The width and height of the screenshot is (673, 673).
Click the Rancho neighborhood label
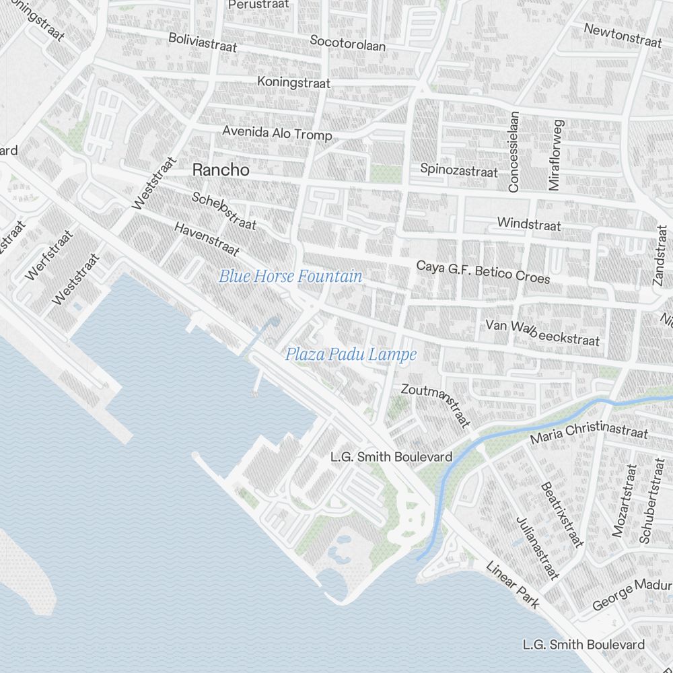(221, 170)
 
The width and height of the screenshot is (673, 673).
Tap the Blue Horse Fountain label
(290, 276)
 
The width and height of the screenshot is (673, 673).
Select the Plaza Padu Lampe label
(351, 354)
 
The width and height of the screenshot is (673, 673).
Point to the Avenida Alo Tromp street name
(277, 133)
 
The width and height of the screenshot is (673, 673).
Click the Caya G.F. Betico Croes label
(483, 272)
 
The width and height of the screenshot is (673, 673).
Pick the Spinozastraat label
(459, 170)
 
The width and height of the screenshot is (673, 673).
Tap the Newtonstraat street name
(623, 35)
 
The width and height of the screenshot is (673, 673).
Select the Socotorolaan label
(347, 44)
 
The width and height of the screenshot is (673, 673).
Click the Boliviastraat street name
(203, 42)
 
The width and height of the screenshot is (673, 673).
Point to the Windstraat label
(528, 223)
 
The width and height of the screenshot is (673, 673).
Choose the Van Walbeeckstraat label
(542, 332)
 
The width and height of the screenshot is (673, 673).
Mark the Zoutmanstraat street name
(435, 404)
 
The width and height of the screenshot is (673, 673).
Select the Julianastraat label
(537, 548)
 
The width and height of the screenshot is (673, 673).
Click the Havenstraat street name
(207, 239)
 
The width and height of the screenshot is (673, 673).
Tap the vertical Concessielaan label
(514, 152)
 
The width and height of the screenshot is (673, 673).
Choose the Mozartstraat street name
(624, 500)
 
